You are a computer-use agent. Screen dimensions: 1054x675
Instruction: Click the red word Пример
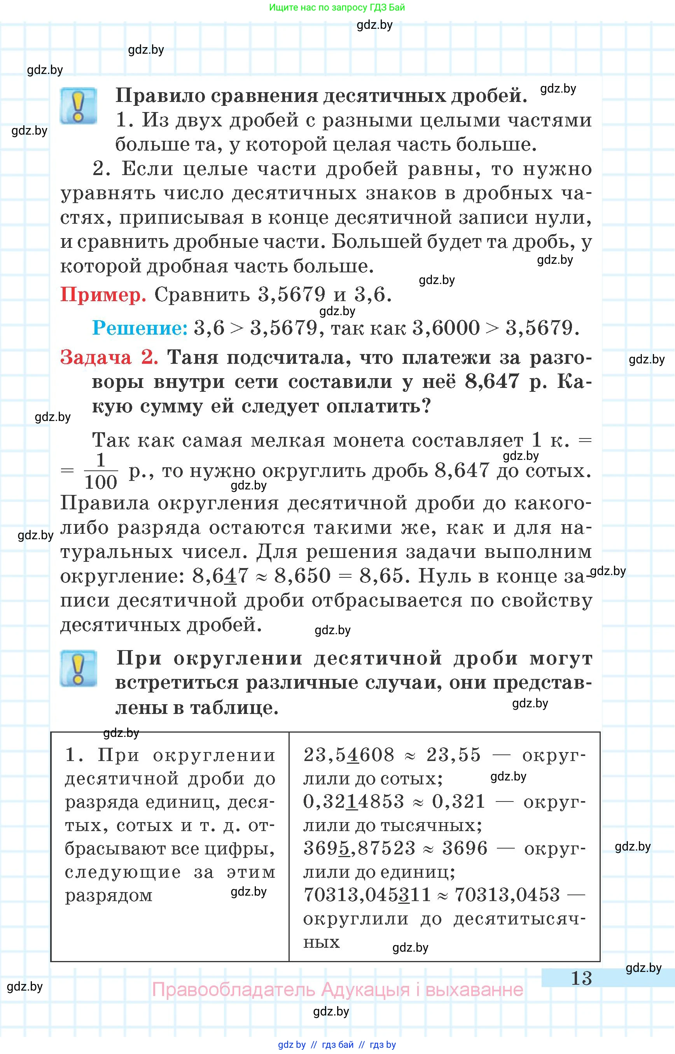pos(103,295)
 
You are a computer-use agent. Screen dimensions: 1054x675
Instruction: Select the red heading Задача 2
pos(109,358)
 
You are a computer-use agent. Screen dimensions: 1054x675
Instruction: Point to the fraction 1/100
pos(100,472)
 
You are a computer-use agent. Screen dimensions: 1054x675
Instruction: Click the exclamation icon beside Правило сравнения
pos(79,106)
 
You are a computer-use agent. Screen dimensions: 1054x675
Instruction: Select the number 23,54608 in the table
pos(349,755)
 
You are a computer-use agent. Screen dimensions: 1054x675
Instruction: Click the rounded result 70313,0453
pos(507,895)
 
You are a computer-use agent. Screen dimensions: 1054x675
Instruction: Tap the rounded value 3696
pos(465,848)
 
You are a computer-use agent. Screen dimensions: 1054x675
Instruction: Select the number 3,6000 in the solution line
pos(446,328)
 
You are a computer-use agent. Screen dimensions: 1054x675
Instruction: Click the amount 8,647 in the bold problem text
pos(491,382)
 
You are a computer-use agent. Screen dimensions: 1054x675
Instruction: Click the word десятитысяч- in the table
pos(519,919)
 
